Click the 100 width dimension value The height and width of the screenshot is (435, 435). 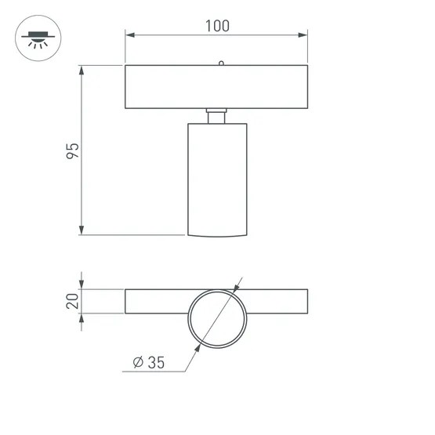(x=217, y=25)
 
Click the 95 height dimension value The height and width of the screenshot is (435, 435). (x=72, y=150)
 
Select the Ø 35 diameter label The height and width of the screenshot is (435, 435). (x=150, y=362)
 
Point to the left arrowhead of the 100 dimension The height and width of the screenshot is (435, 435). (x=130, y=35)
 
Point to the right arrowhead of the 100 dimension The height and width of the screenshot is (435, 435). (x=303, y=35)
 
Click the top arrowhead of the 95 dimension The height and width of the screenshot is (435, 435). (x=82, y=71)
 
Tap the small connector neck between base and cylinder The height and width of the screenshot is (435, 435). (x=217, y=116)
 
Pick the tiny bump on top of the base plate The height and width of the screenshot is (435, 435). (x=221, y=63)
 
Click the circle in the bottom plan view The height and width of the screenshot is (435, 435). (x=217, y=318)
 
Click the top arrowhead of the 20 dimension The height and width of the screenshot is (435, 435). (x=82, y=285)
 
